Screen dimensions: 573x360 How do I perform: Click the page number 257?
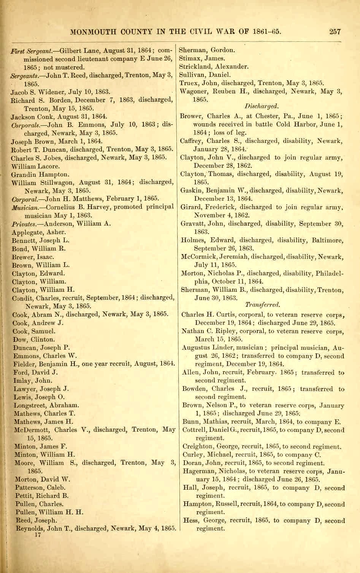coord(335,32)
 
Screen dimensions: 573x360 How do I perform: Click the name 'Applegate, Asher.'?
coord(38,232)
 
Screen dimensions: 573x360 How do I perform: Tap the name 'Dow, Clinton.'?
coord(34,340)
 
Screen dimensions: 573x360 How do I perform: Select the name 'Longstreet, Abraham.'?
coord(46,405)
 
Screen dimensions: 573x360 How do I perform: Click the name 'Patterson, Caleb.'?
coord(40,487)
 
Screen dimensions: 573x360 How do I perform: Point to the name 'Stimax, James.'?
coord(202,59)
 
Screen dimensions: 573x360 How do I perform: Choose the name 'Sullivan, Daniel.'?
coord(205,75)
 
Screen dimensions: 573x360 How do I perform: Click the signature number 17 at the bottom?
coord(38,535)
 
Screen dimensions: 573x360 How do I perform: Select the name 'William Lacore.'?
coord(35,166)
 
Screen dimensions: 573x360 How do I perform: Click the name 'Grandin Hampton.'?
coord(40,175)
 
